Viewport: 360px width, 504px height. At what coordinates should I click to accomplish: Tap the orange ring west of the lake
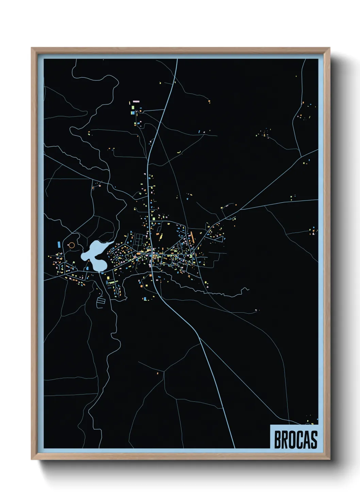click(x=71, y=245)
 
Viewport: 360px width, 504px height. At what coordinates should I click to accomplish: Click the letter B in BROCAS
click(x=277, y=440)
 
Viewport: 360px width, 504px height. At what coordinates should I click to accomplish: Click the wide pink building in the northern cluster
click(x=136, y=101)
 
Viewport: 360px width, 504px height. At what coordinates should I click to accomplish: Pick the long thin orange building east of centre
click(x=192, y=237)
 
